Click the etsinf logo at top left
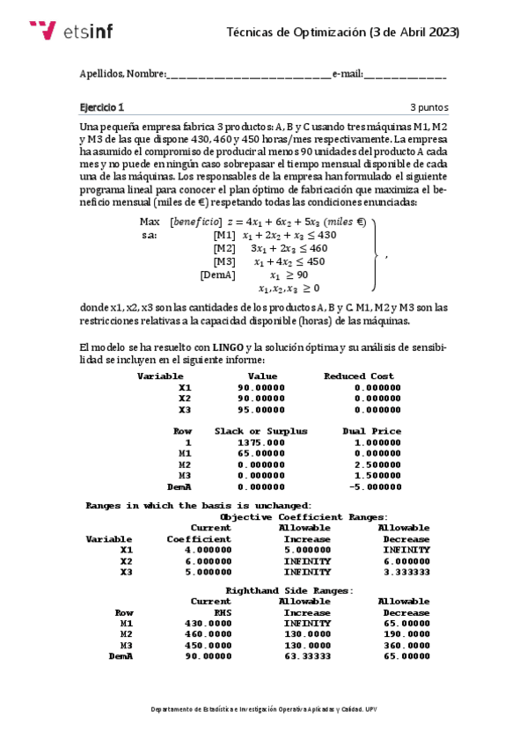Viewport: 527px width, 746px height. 70,31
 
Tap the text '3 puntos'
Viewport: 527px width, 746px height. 428,107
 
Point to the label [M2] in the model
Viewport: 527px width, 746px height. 224,248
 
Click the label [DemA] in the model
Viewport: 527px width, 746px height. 217,274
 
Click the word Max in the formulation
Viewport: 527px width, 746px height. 150,222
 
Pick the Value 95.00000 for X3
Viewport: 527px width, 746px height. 261,409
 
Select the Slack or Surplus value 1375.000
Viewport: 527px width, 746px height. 261,442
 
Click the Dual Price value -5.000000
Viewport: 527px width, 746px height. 372,486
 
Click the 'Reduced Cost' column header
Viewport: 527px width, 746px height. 358,376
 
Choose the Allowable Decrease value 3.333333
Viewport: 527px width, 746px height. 406,572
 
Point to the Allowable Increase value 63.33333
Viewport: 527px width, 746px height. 304,655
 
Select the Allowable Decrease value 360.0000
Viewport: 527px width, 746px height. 406,645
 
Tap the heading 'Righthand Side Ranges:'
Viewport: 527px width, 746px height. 289,590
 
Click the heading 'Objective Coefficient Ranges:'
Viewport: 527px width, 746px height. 304,517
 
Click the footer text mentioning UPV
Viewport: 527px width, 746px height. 264,708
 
